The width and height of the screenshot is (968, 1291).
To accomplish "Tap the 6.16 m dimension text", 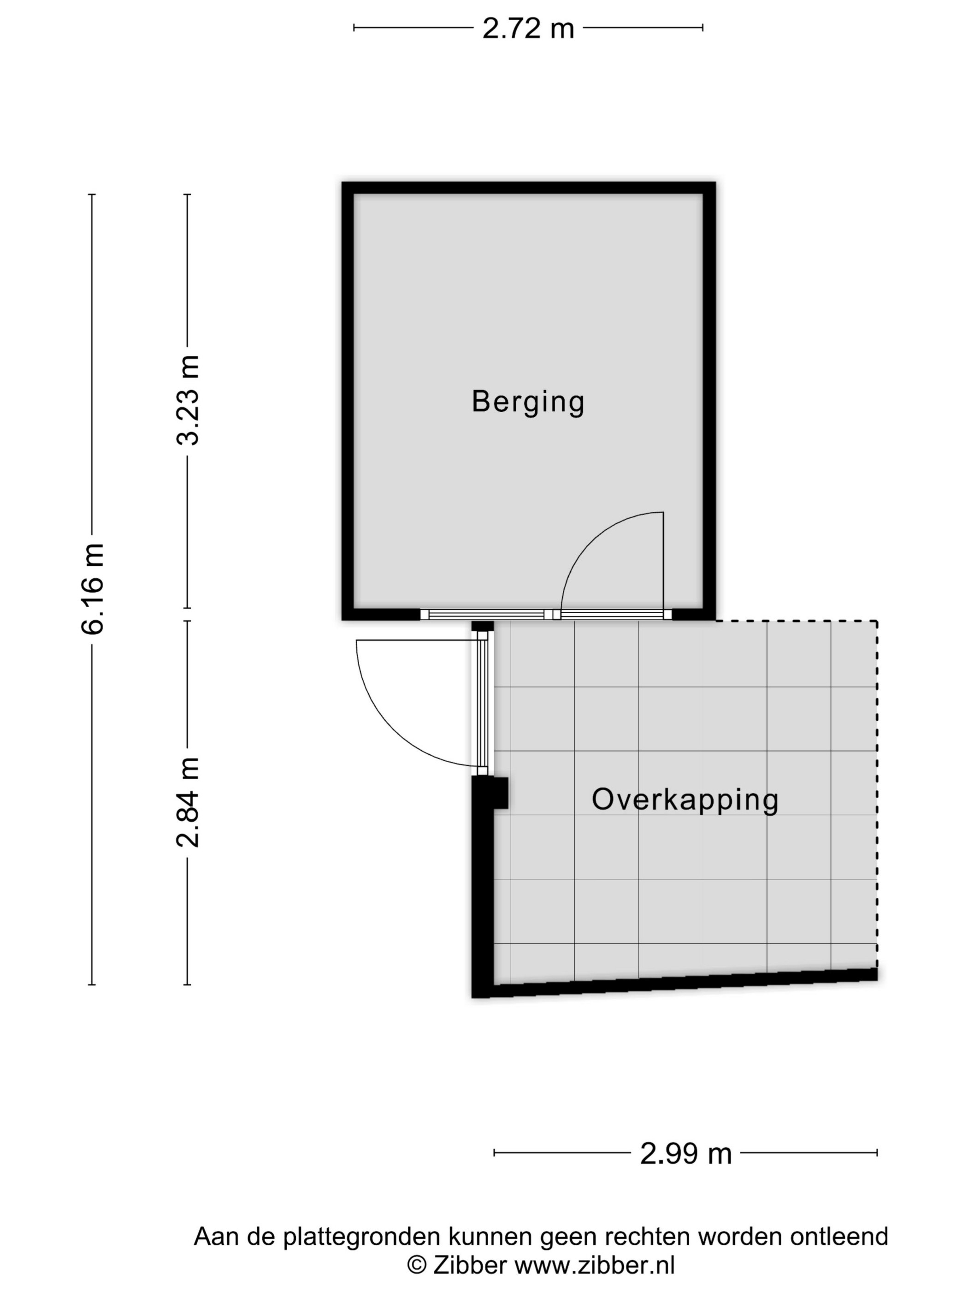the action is (93, 588).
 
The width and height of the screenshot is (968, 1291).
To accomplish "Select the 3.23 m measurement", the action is (188, 400).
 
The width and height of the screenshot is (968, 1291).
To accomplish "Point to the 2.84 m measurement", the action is (188, 801).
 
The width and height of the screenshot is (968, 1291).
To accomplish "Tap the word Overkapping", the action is (685, 799).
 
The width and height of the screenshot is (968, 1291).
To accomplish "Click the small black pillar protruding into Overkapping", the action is (501, 793).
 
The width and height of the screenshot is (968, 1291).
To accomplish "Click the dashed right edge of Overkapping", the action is (877, 794).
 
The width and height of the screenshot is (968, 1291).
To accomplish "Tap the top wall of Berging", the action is (528, 188).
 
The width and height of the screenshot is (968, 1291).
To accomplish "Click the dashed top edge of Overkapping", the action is (797, 621).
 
